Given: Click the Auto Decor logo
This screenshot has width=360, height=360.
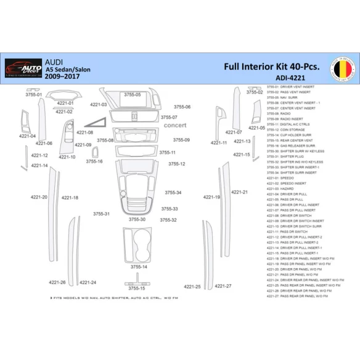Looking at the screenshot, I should tap(23, 68).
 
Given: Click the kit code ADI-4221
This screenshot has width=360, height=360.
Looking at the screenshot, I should tap(289, 78).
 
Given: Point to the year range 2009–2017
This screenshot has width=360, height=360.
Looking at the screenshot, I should tap(62, 78).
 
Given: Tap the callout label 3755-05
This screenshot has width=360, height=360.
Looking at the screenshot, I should tap(132, 95).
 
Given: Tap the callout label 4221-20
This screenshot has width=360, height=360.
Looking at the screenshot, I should tap(39, 197).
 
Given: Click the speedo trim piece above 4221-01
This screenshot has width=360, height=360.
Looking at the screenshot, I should tap(63, 95).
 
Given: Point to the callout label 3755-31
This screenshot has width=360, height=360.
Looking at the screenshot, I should tap(102, 214).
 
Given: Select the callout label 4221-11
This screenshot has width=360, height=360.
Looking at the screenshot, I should tap(219, 142).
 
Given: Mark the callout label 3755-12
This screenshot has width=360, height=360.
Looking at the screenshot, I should tap(176, 164).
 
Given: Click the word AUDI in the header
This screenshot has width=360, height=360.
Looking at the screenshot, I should tap(53, 62).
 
